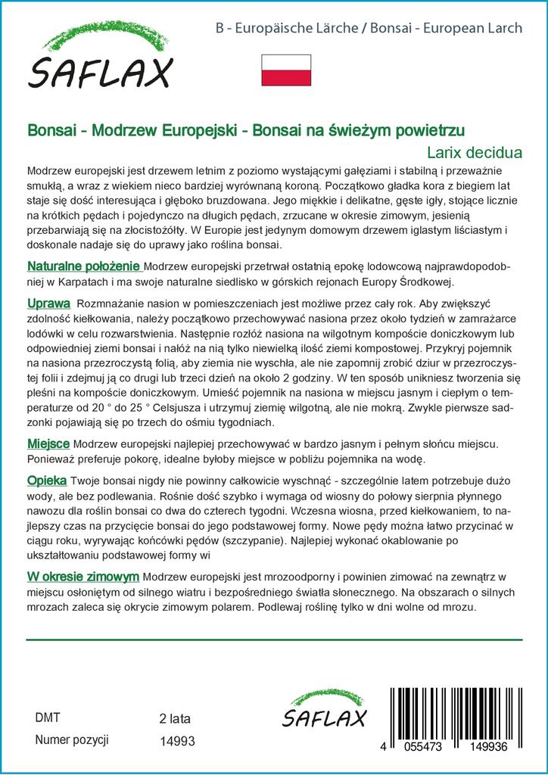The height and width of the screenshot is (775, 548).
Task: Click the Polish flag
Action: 286,69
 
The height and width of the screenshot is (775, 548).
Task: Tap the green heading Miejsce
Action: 48,443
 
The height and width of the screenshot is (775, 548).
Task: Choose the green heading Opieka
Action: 47,481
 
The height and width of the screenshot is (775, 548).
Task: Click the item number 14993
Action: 179,742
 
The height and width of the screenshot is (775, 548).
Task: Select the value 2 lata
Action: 176,718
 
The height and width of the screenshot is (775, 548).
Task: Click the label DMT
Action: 48,717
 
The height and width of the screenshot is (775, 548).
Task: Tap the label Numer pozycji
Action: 73,741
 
